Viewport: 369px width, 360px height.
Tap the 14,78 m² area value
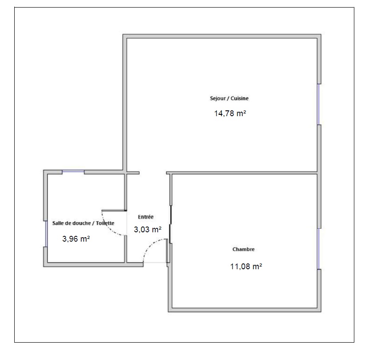coord(230,113)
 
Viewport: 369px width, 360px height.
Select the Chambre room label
coord(243,249)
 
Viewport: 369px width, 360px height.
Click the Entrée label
coord(146,217)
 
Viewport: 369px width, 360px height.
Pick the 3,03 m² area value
coord(148,230)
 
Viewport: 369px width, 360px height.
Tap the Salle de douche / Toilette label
coord(83,223)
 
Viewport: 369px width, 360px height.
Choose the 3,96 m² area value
coord(76,239)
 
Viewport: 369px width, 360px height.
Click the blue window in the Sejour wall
coord(318,104)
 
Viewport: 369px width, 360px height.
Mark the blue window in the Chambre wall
coord(318,249)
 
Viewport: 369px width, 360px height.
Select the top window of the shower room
coord(73,171)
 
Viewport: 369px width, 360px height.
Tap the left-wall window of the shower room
coord(45,234)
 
